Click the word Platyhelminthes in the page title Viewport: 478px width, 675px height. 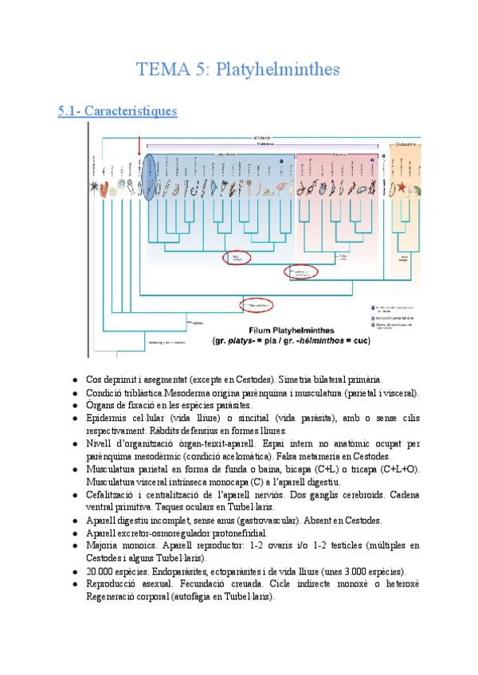pyautogui.click(x=273, y=70)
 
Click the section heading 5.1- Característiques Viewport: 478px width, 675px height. pyautogui.click(x=117, y=111)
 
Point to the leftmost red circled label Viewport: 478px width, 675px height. pyautogui.click(x=237, y=257)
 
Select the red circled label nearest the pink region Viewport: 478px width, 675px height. pyautogui.click(x=300, y=272)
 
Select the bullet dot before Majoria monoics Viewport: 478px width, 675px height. pyautogui.click(x=73, y=546)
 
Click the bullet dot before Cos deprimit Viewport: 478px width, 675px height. pyautogui.click(x=73, y=381)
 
